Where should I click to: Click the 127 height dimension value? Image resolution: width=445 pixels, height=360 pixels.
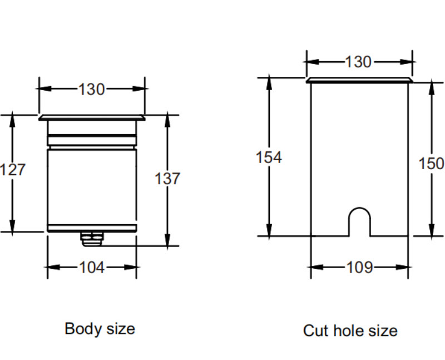point(13,169)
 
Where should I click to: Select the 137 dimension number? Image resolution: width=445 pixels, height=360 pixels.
point(167,179)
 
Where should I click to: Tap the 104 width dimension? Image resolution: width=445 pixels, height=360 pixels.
point(91,268)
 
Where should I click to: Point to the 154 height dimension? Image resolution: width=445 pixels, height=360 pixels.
point(269,157)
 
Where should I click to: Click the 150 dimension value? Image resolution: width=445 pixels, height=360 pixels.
point(432,164)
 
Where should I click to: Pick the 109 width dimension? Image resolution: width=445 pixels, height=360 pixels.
point(359,268)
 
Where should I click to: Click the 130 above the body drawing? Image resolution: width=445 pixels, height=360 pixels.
point(91,89)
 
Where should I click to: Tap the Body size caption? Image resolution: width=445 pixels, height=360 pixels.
point(100,328)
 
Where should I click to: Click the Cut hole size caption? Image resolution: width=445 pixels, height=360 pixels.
point(350,331)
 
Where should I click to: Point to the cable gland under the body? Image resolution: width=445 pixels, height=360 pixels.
point(91,238)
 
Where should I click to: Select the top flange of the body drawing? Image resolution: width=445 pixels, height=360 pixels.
point(92,117)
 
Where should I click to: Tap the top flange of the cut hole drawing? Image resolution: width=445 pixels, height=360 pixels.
point(359,81)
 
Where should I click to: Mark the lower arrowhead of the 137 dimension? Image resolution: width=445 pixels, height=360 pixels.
point(167,240)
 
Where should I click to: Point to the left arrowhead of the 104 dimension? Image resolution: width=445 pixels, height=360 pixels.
point(51,268)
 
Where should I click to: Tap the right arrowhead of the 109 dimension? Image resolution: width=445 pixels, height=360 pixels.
point(405,268)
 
